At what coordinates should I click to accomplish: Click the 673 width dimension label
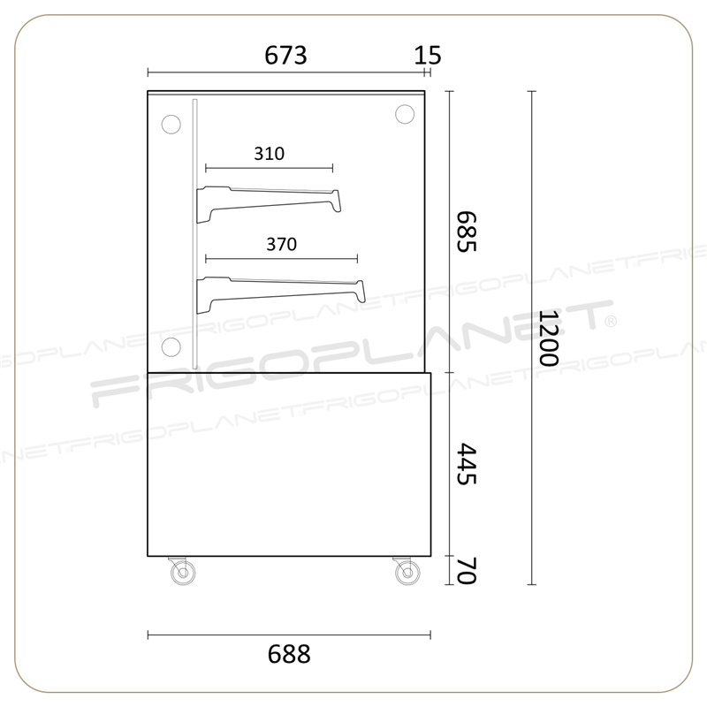pos(285,56)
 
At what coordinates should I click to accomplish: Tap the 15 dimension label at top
pos(428,56)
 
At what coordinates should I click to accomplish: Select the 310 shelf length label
pos(270,154)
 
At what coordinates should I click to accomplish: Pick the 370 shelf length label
pos(281,245)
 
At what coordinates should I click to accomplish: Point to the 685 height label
pos(467,232)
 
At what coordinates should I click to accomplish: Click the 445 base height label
pos(467,464)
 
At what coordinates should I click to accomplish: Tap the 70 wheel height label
pos(467,571)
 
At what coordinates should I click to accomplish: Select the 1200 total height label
pos(549,338)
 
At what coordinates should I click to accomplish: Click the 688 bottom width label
pos(289,654)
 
